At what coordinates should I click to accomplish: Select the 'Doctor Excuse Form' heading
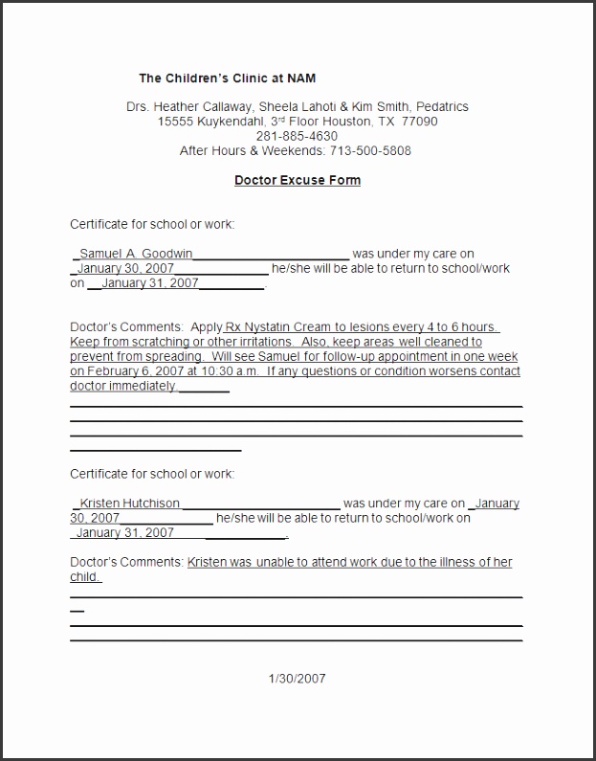[x=298, y=180]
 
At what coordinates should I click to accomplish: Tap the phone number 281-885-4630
[x=297, y=136]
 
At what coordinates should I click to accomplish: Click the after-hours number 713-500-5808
[x=371, y=151]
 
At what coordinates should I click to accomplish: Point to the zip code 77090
[x=420, y=122]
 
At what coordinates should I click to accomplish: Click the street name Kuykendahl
[x=226, y=122]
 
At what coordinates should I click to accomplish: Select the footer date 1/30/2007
[x=298, y=679]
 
